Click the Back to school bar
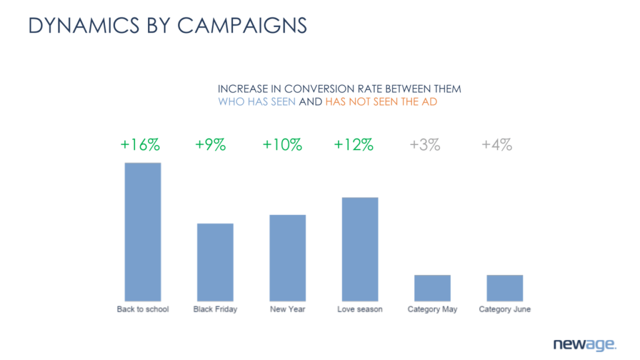coord(142,232)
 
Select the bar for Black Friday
coord(215,262)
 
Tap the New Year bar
coord(287,257)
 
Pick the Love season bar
coord(360,249)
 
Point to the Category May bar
coord(432,287)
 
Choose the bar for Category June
coord(505,287)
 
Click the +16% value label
coord(140,145)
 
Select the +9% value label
coord(210,145)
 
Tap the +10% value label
coord(282,145)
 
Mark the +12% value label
coord(354,145)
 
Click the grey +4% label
coord(497,145)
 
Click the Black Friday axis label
coord(215,309)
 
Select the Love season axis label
coord(360,309)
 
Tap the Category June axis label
coord(505,309)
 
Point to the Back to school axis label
coord(142,309)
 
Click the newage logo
coord(584,344)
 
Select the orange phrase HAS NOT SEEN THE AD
coord(381,102)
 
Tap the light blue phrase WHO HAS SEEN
coord(257,102)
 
